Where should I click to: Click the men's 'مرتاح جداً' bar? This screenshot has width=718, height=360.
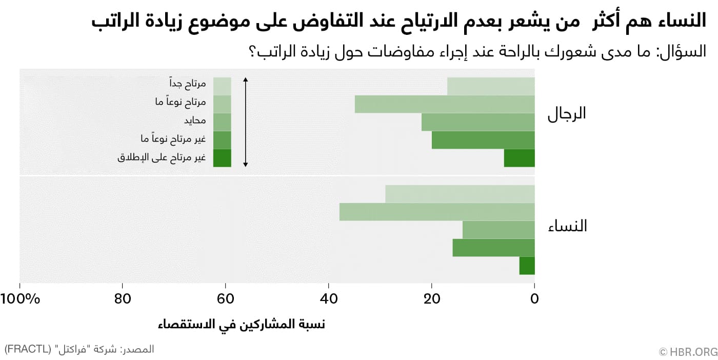point(491,86)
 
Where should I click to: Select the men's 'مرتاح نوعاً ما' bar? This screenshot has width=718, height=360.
point(445,104)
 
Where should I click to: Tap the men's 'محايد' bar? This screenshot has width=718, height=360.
point(478,122)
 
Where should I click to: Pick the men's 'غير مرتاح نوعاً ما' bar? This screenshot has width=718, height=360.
point(483,140)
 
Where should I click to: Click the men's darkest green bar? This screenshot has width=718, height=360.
point(519,158)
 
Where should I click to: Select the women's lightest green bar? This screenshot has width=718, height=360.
point(460,194)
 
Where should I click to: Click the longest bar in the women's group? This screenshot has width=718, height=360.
point(437,212)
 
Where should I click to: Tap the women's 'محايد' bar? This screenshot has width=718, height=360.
point(498,230)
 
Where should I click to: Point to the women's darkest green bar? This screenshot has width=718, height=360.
point(527,266)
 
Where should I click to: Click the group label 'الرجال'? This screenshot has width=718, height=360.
point(567,114)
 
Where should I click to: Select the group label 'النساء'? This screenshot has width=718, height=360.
point(567,226)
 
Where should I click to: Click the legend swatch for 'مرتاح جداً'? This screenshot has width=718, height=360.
point(222,86)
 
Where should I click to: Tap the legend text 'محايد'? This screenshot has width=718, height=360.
point(195,121)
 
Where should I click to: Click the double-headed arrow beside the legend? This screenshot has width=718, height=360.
point(246,122)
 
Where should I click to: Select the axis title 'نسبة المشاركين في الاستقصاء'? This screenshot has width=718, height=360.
point(242,325)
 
